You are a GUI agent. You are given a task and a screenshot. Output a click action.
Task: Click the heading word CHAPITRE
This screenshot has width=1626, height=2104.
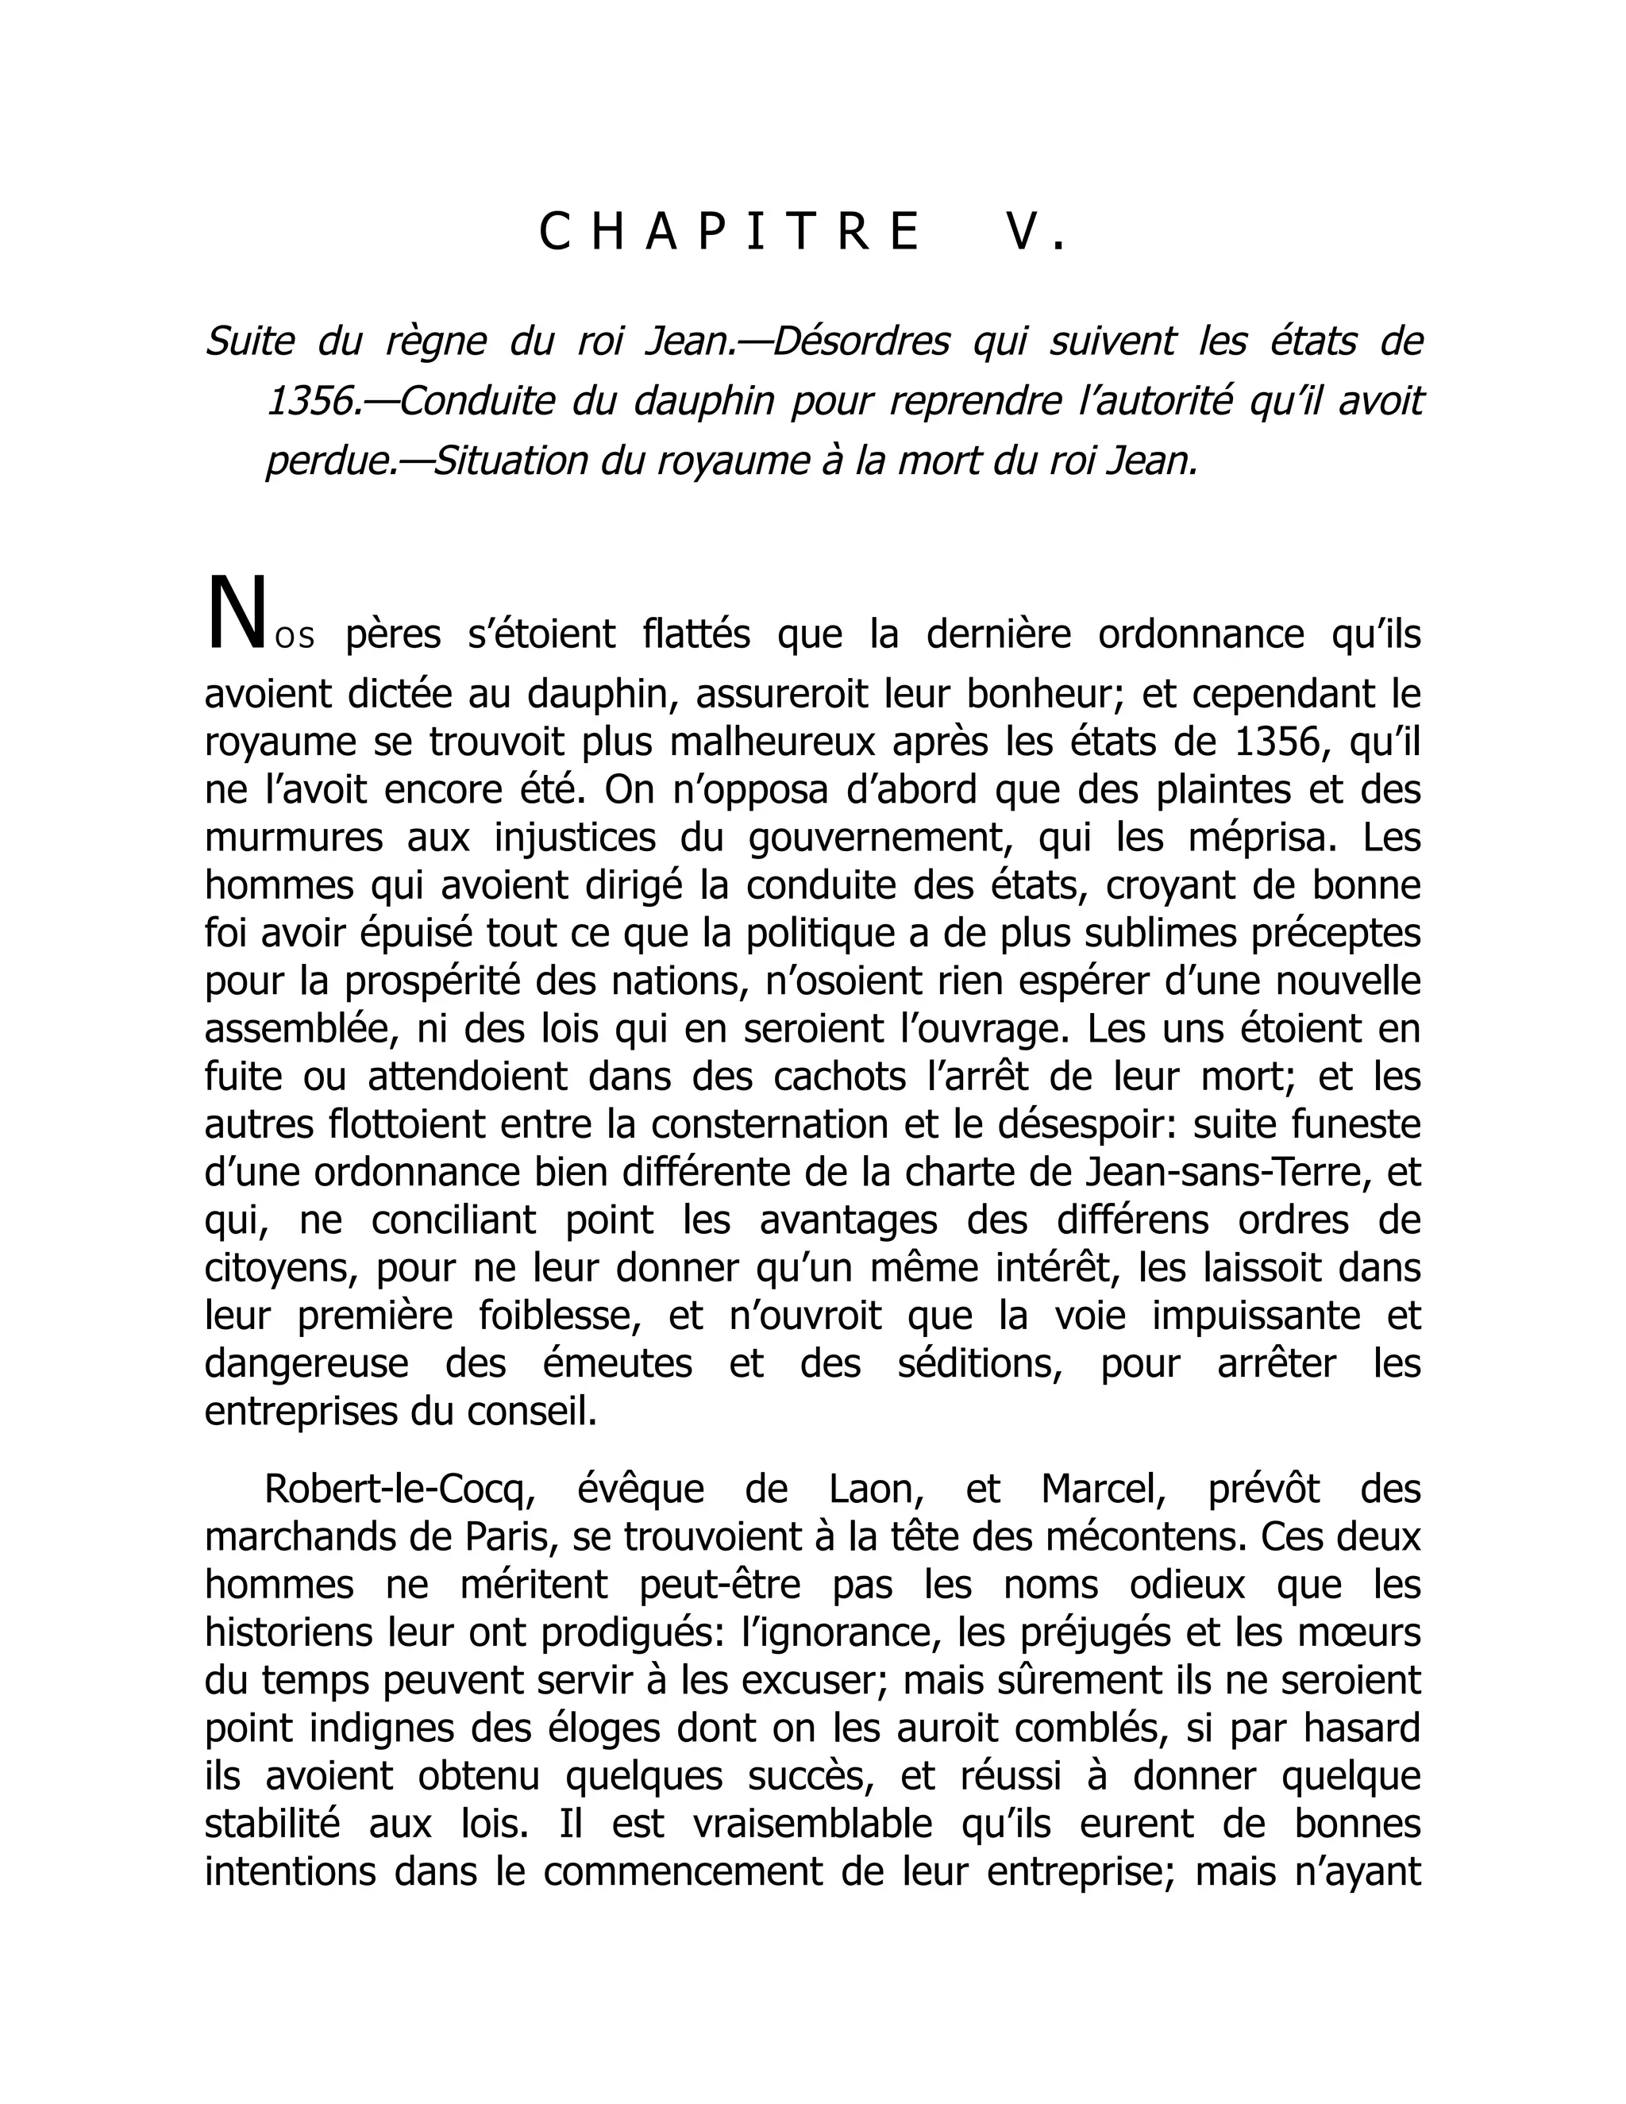[729, 232]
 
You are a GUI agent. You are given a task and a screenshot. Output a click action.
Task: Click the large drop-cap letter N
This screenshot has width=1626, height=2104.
[234, 614]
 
